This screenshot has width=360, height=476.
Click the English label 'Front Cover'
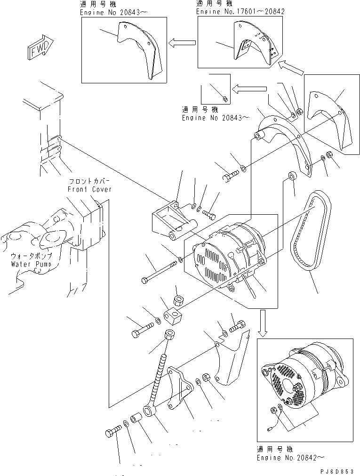tap(89, 189)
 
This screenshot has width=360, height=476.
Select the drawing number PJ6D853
tap(337, 471)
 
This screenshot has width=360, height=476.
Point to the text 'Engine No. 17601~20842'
tap(240, 10)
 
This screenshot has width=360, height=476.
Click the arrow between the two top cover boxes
tap(182, 43)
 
